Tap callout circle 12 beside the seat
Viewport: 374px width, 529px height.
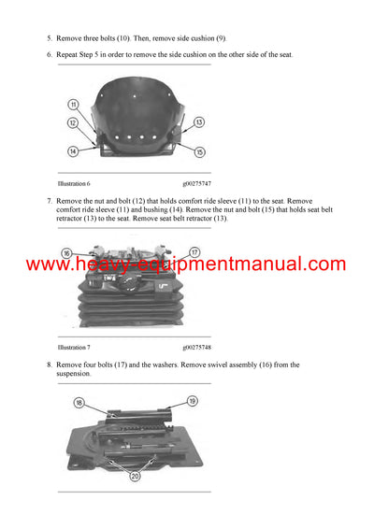click(72, 122)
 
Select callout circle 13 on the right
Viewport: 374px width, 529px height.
click(199, 122)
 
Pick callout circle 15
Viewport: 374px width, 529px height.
click(199, 151)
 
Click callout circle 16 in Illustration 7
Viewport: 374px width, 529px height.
click(66, 253)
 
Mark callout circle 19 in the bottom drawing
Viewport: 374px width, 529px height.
click(191, 401)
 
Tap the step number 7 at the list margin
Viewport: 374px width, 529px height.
click(49, 201)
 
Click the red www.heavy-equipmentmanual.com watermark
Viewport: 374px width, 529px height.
click(186, 264)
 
